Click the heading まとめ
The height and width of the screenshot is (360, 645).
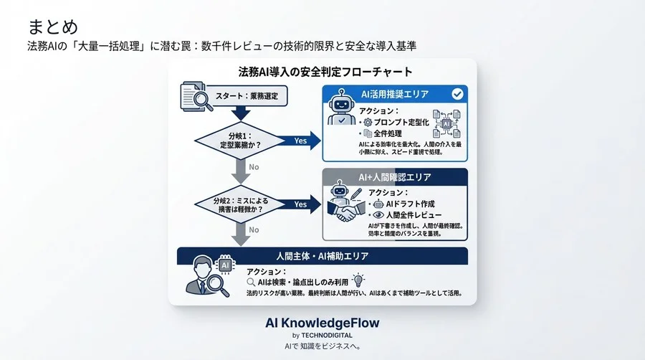click(x=53, y=27)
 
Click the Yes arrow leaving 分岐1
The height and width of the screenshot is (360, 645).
click(x=300, y=141)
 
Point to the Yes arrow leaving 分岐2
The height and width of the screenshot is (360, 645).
click(x=300, y=204)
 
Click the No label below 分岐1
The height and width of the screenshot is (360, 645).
click(x=254, y=166)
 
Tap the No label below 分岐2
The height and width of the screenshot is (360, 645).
click(x=254, y=229)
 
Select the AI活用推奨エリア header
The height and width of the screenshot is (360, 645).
click(x=395, y=94)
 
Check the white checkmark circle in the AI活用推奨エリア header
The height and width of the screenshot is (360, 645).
click(x=457, y=94)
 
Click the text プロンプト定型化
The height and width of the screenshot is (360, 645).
click(x=401, y=122)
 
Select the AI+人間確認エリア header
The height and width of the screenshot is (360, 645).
click(x=395, y=176)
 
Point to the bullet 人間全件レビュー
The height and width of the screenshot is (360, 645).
click(x=413, y=215)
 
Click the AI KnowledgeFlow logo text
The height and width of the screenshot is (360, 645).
click(x=322, y=323)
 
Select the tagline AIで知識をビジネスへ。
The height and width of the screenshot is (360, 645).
click(x=322, y=346)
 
